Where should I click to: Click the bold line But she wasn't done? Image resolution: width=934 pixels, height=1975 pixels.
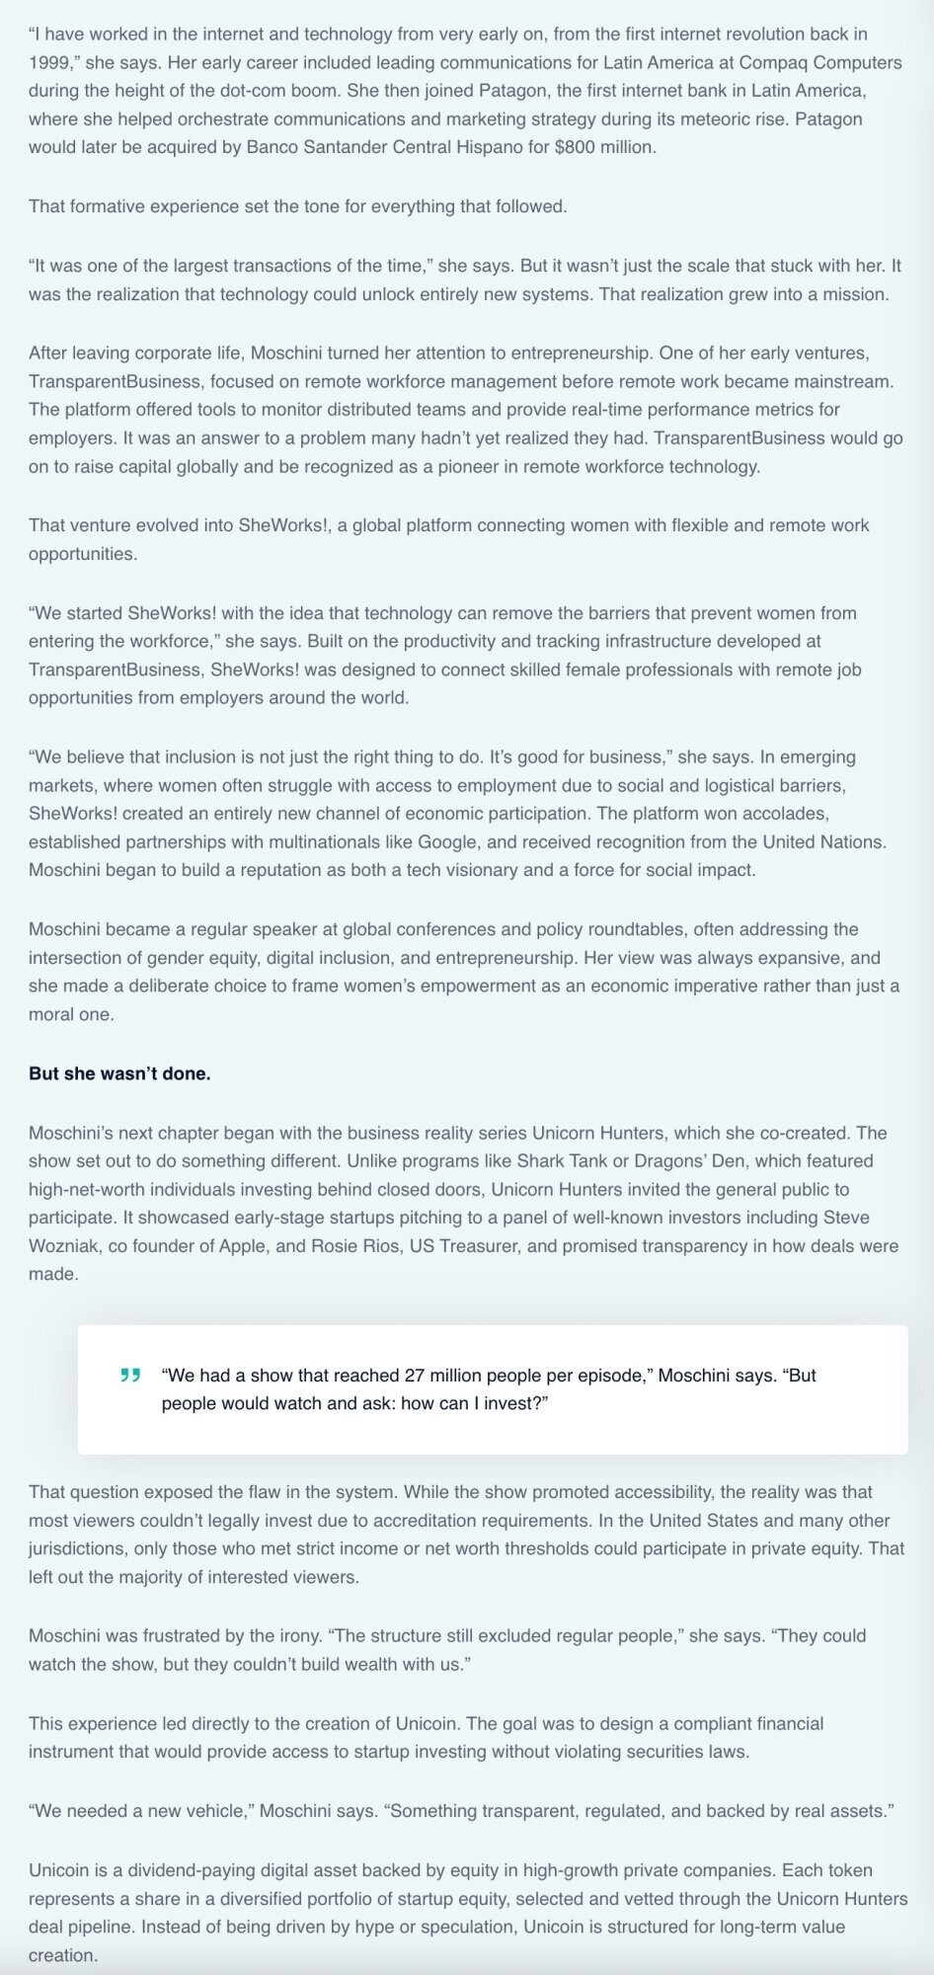119,1073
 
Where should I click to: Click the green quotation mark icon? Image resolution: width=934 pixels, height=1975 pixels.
129,1375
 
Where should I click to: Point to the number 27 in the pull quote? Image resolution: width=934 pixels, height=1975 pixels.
415,1376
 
